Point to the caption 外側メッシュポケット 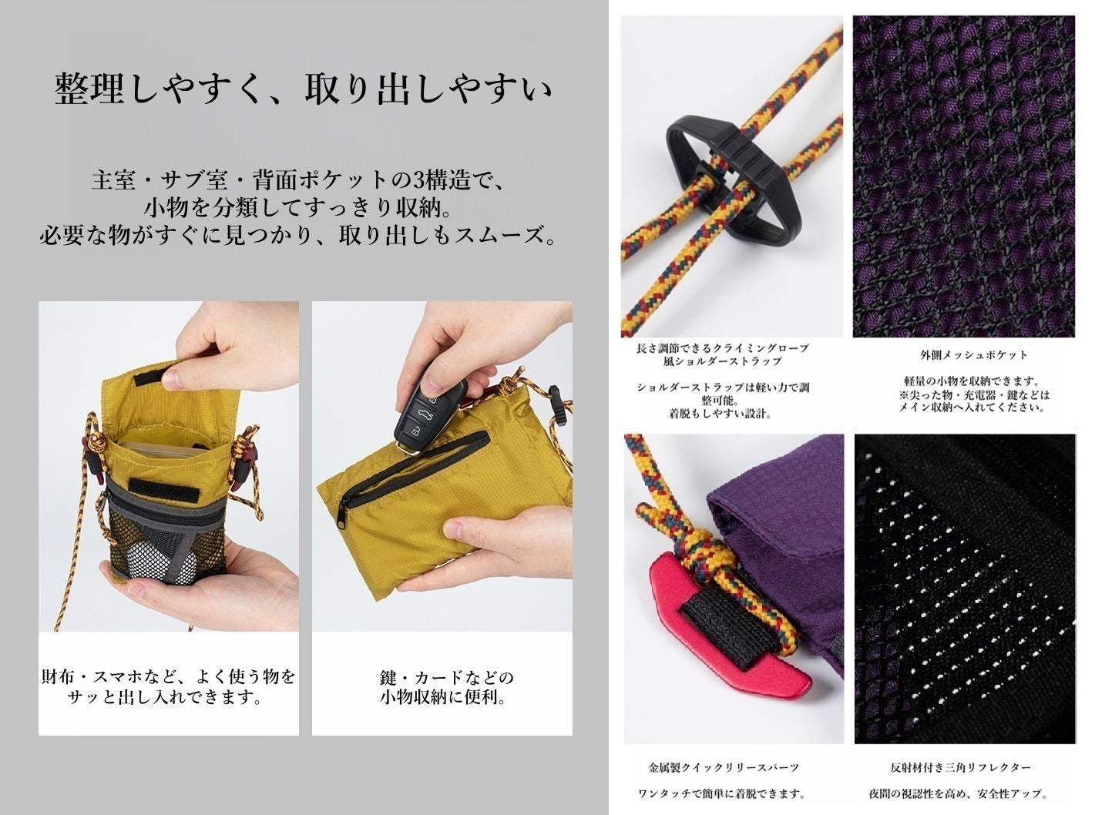pos(963,355)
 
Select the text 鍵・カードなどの pos(446,678)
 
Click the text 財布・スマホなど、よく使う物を pos(168,678)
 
